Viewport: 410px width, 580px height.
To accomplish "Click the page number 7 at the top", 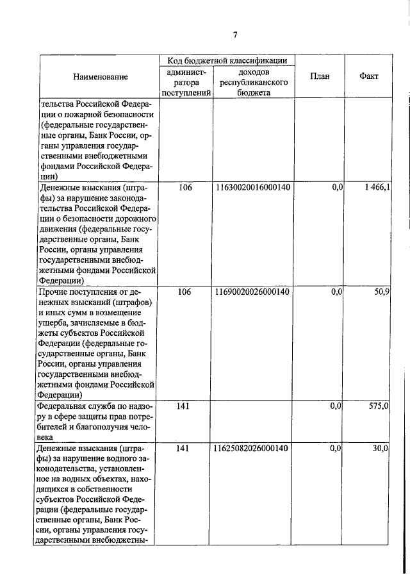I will tap(235, 35).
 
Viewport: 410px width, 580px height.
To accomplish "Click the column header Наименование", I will tap(100, 77).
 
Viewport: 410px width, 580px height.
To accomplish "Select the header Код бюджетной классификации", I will tap(227, 60).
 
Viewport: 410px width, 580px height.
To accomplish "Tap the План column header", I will tap(320, 77).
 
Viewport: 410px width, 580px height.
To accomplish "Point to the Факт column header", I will tap(369, 76).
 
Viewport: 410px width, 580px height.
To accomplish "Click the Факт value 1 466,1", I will tap(375, 187).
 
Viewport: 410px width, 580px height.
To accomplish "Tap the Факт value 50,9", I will tap(381, 292).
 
